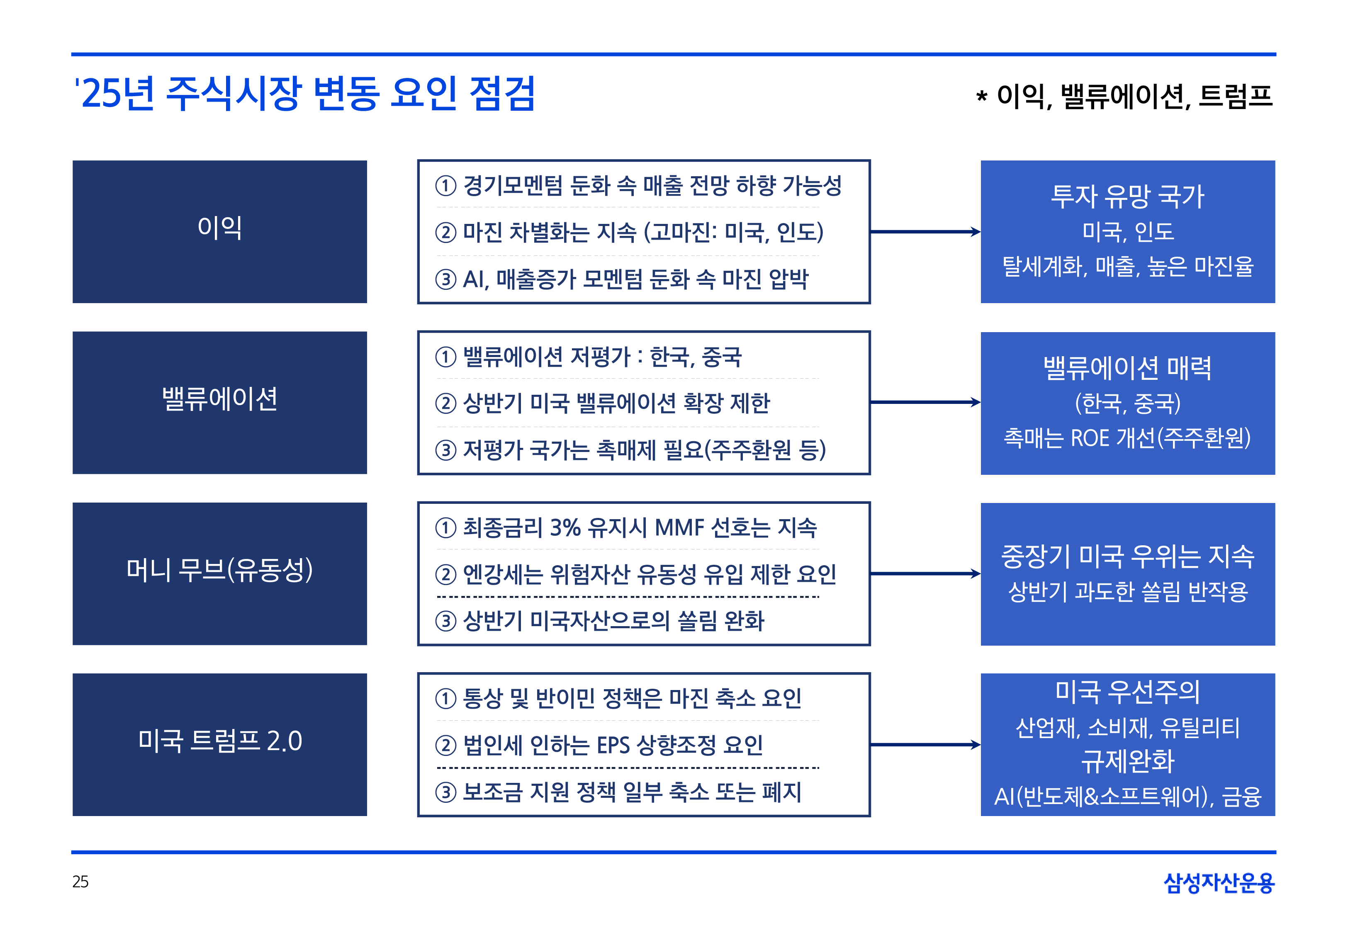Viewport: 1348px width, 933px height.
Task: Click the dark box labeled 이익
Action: coord(219,231)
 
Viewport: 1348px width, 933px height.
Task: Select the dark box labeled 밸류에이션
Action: coord(219,402)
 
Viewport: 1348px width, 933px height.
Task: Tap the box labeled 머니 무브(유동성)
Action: coord(219,573)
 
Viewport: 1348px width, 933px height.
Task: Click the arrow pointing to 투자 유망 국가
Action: coord(925,231)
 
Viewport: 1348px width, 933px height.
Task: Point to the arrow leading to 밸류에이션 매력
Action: coord(925,402)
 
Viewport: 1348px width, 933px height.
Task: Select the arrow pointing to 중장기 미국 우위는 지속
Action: coord(925,573)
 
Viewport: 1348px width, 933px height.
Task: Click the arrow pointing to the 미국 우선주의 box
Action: coord(925,744)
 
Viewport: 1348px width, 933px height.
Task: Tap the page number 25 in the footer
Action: coord(80,882)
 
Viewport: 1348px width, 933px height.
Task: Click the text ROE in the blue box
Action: coord(1090,438)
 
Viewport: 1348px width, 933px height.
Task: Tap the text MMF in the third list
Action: coord(679,528)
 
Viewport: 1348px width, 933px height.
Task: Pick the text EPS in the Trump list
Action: coord(613,745)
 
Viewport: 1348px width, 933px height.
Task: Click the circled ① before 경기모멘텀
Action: coord(445,186)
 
